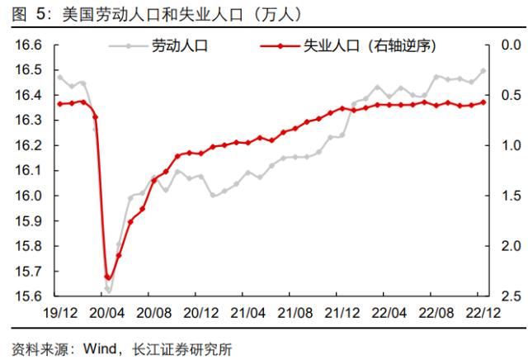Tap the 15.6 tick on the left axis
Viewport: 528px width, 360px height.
click(x=28, y=296)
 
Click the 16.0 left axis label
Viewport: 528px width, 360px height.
click(x=28, y=196)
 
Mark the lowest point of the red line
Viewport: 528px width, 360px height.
click(x=108, y=278)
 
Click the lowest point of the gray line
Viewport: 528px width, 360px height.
click(x=108, y=291)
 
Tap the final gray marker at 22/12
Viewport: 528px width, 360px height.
click(x=483, y=71)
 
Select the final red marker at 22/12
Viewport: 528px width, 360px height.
click(x=483, y=102)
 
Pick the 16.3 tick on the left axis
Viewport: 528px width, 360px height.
click(x=28, y=121)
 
